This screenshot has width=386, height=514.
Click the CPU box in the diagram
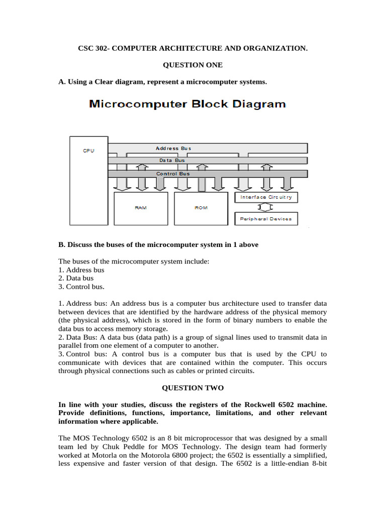point(88,181)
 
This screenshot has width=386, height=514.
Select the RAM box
point(141,208)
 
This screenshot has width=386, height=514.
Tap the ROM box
point(201,208)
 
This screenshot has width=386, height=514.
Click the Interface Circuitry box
point(266,197)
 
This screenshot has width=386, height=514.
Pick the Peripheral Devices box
point(266,219)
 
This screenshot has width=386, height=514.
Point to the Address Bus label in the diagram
point(173,148)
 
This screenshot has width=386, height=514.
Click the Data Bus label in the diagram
point(172,160)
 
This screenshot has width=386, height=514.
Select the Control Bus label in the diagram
point(173,174)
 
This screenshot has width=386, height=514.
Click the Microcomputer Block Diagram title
point(187,104)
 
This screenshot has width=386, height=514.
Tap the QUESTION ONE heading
point(192,65)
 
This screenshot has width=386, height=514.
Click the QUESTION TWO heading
point(192,388)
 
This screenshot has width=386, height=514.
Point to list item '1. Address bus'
point(81,270)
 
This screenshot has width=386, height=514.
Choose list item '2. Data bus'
point(76,278)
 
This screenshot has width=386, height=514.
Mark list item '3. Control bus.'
point(81,287)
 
